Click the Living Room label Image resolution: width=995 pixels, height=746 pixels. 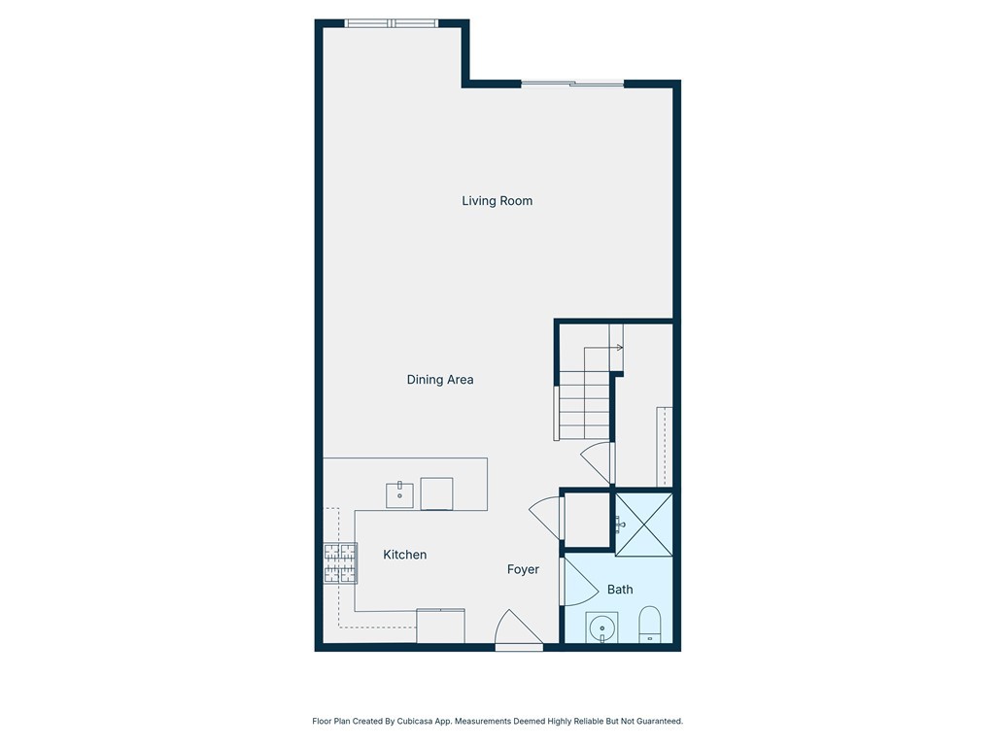tap(497, 201)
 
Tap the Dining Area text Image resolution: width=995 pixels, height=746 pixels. tap(439, 380)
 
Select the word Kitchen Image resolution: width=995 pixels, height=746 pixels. tap(404, 555)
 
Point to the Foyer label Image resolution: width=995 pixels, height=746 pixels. tap(523, 570)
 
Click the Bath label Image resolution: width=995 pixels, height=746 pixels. tap(620, 590)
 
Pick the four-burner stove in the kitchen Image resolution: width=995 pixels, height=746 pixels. tap(339, 563)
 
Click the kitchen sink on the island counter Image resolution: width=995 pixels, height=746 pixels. tap(399, 494)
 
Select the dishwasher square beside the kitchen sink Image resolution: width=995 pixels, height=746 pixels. tap(436, 493)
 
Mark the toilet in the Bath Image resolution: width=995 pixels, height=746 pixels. tap(649, 625)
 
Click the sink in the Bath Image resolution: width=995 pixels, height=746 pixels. tap(602, 627)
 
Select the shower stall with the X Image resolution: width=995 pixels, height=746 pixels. tap(643, 525)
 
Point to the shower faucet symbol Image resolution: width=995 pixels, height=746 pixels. tap(619, 525)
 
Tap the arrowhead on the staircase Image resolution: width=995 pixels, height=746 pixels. tap(619, 347)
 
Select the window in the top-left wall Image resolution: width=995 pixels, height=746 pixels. tap(392, 23)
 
